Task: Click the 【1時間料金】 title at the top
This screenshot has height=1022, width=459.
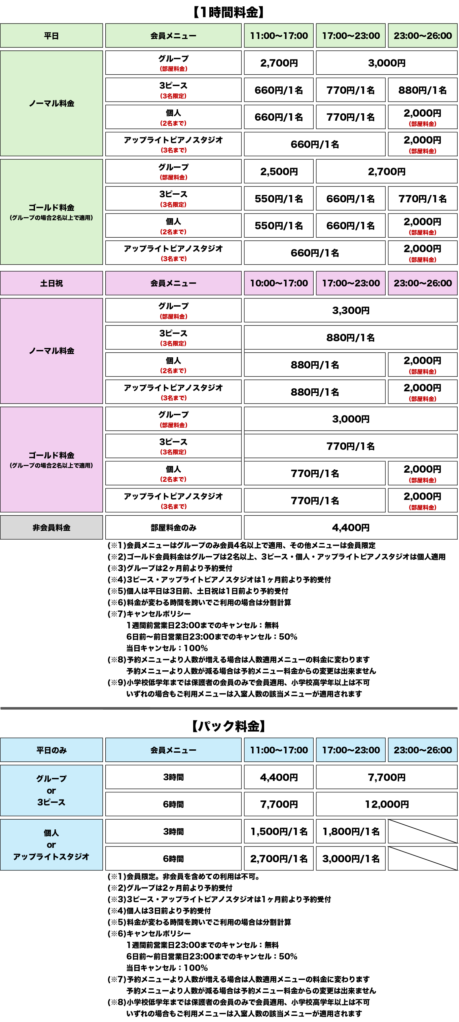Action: (x=229, y=12)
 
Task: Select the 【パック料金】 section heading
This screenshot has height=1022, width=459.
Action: (x=229, y=726)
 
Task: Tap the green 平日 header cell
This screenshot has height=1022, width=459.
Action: (x=51, y=36)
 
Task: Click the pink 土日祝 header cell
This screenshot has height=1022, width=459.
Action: (x=51, y=283)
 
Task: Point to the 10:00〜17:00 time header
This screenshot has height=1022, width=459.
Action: (x=279, y=283)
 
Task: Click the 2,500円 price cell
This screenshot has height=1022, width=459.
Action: (x=279, y=172)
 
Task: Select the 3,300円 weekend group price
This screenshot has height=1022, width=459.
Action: (x=351, y=310)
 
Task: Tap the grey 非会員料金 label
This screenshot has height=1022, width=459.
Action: (x=51, y=528)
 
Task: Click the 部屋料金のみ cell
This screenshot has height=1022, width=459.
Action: (x=173, y=528)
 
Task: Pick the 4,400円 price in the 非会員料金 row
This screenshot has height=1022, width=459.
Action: (x=351, y=528)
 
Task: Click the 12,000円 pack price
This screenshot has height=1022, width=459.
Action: (x=387, y=804)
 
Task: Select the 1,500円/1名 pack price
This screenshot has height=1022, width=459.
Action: (x=279, y=832)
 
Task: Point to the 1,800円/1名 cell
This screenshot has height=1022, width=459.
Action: (x=351, y=832)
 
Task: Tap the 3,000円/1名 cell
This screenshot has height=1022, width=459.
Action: (x=351, y=859)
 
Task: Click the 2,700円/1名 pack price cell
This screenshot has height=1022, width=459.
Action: (x=279, y=859)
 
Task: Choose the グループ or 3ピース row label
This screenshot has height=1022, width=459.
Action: (x=51, y=790)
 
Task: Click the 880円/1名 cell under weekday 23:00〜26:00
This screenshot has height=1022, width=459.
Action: (x=422, y=90)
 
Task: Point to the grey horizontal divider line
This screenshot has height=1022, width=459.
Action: (x=229, y=708)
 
